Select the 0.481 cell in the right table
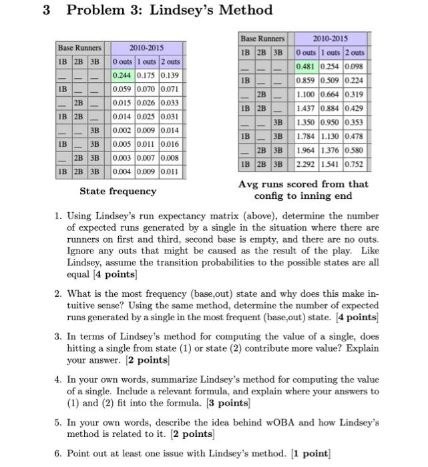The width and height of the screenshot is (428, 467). (x=306, y=66)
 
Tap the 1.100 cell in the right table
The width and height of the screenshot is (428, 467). (x=306, y=95)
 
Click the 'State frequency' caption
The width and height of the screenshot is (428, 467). (x=118, y=191)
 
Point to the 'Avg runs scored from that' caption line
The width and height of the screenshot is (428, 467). (x=303, y=184)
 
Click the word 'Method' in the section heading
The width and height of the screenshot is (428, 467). (x=244, y=10)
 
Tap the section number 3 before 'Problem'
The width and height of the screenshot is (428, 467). (x=47, y=10)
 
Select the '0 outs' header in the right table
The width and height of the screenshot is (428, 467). (x=306, y=52)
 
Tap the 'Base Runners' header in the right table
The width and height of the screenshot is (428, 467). (x=262, y=39)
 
